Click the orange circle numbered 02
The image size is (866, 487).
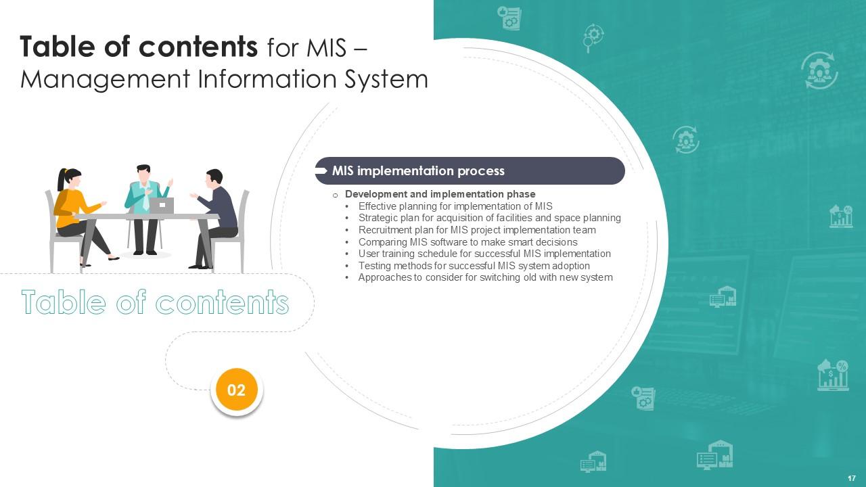click(237, 390)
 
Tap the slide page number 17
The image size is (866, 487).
click(852, 478)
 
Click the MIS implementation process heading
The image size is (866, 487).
click(418, 171)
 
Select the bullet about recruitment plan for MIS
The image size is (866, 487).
click(477, 230)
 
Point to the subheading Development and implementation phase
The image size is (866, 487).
click(440, 194)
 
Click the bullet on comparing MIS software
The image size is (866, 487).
click(468, 242)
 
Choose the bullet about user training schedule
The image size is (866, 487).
click(484, 254)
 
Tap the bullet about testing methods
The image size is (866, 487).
click(474, 266)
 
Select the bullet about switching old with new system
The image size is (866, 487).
click(485, 277)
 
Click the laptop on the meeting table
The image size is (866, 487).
click(162, 205)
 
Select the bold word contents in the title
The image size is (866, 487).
click(198, 47)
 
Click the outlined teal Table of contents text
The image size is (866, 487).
click(155, 302)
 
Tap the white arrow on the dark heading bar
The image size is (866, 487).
click(321, 171)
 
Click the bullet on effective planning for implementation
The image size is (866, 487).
click(455, 206)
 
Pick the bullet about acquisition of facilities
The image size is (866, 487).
click(489, 218)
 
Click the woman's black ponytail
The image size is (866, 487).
click(62, 180)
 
